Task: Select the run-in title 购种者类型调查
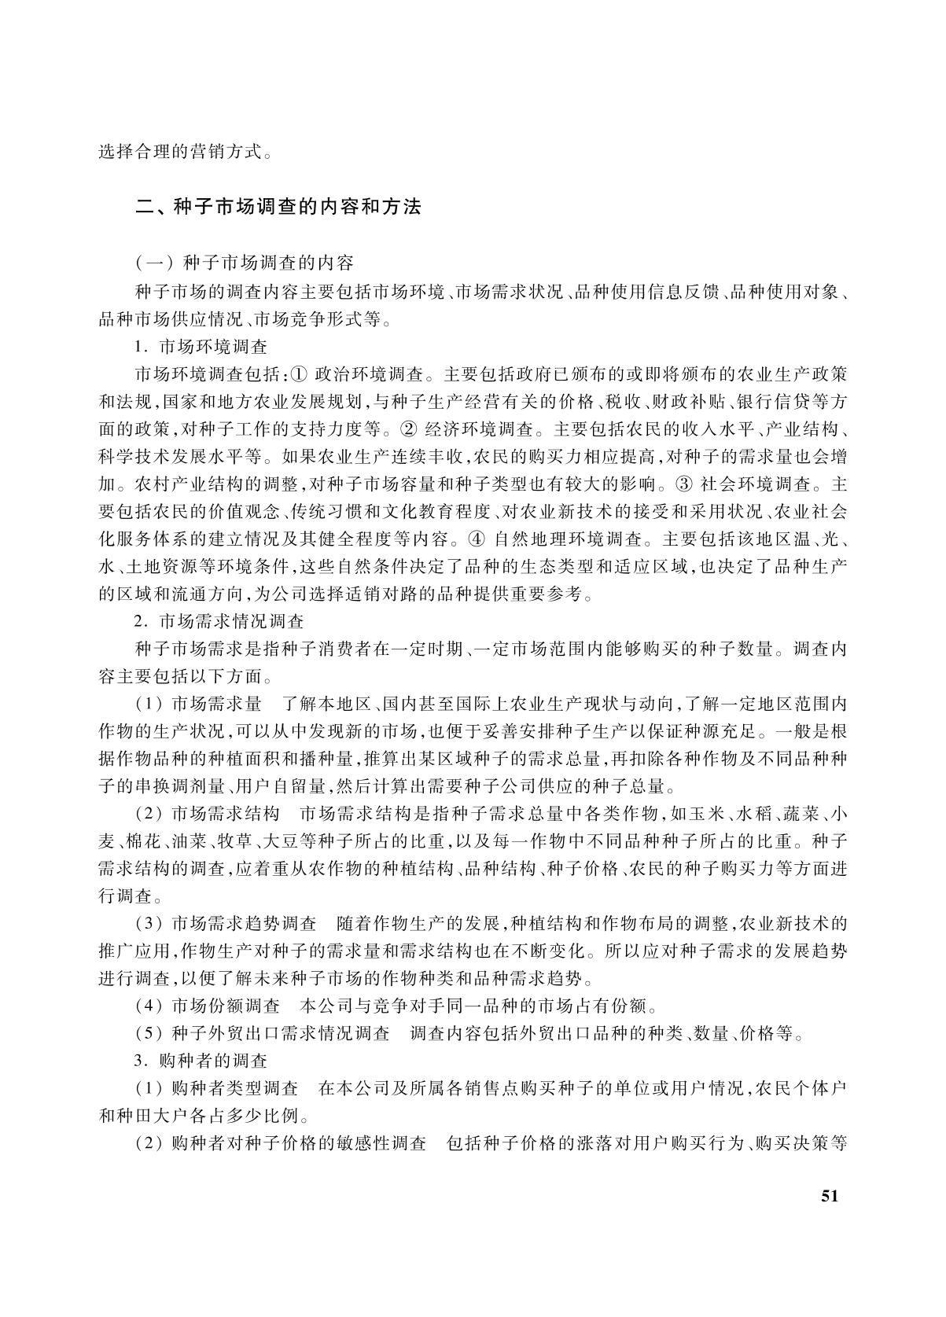pos(234,1089)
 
